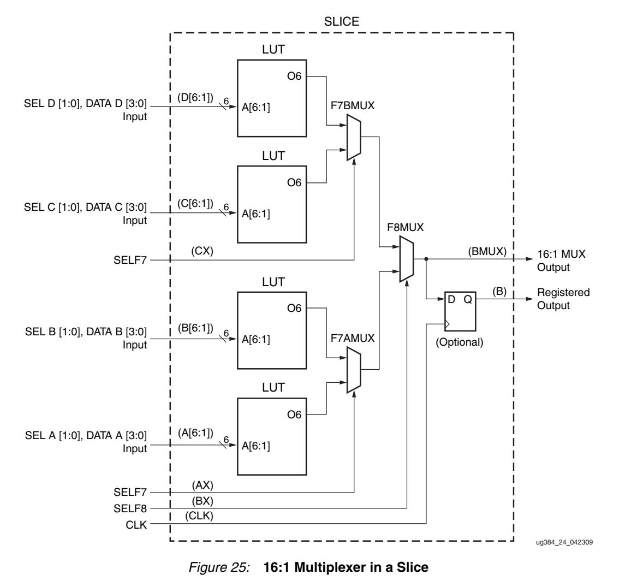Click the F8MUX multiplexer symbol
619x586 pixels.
coord(406,259)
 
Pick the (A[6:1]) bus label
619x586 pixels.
coord(195,431)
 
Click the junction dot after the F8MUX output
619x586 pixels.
coord(426,259)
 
